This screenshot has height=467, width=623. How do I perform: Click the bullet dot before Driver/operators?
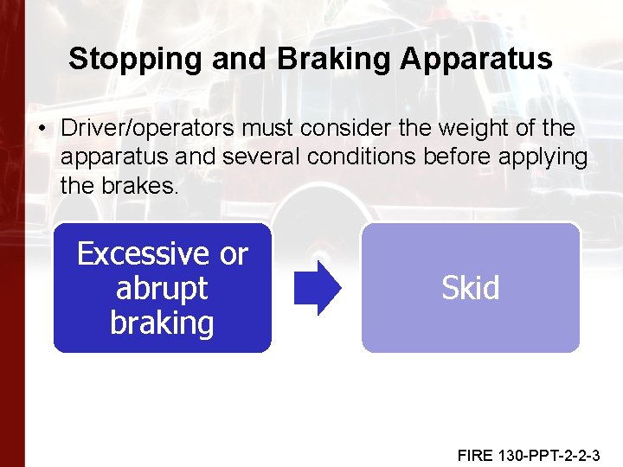[42, 129]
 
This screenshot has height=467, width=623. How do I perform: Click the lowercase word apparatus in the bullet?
[111, 157]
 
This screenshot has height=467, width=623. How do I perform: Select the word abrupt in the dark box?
[162, 288]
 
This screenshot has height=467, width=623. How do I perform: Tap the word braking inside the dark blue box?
[162, 323]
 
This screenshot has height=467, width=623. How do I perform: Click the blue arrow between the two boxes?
[317, 288]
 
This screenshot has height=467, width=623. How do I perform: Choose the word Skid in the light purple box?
[470, 288]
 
